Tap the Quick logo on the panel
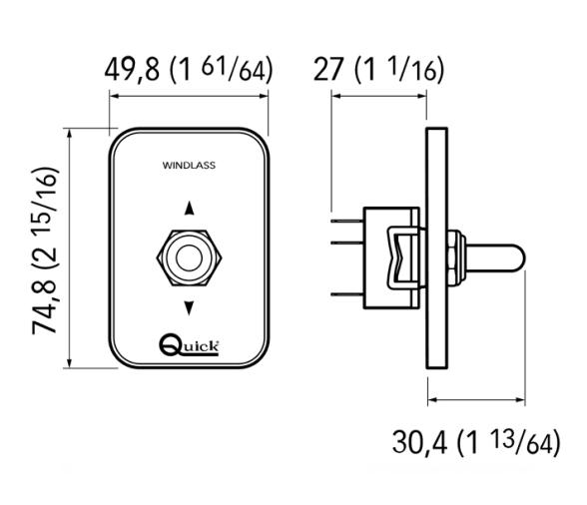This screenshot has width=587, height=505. pyautogui.click(x=189, y=345)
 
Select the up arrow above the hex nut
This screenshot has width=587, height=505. pyautogui.click(x=188, y=210)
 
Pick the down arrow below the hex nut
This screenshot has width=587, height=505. pyautogui.click(x=188, y=306)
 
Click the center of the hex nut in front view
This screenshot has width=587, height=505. pyautogui.click(x=188, y=256)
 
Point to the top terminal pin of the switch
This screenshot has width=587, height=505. pyautogui.click(x=346, y=221)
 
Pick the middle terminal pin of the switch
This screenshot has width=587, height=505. pyautogui.click(x=346, y=255)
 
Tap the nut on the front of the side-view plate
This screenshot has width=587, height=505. pyautogui.click(x=455, y=256)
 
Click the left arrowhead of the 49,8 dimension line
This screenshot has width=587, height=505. pyautogui.click(x=113, y=97)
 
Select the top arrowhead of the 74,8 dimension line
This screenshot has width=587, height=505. pyautogui.click(x=69, y=134)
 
